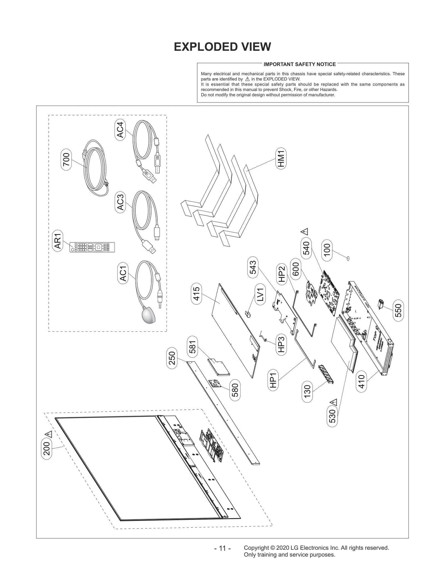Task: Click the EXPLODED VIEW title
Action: pyautogui.click(x=222, y=47)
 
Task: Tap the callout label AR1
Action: pyautogui.click(x=58, y=241)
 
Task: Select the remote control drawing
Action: pyautogui.click(x=92, y=247)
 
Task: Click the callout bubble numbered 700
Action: pyautogui.click(x=66, y=159)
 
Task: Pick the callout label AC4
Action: pyautogui.click(x=120, y=130)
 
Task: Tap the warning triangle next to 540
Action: pyautogui.click(x=304, y=232)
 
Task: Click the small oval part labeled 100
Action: pyautogui.click(x=348, y=259)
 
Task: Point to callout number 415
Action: pyautogui.click(x=196, y=294)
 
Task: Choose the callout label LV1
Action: pyautogui.click(x=260, y=294)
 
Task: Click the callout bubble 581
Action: pyautogui.click(x=192, y=347)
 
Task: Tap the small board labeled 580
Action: pyautogui.click(x=216, y=384)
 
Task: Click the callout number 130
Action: pyautogui.click(x=307, y=392)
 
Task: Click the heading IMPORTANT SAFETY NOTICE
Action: pyautogui.click(x=300, y=64)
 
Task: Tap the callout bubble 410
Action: pyautogui.click(x=361, y=382)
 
